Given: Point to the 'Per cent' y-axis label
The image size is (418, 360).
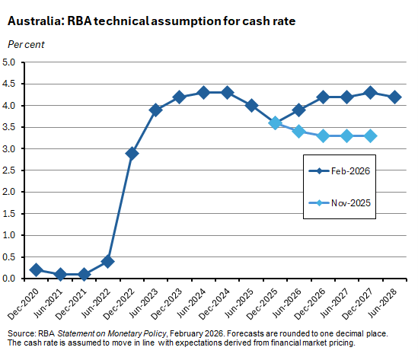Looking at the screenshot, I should (26, 44).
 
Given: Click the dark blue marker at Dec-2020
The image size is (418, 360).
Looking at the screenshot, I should (37, 269).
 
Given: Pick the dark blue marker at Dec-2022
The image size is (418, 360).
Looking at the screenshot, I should (132, 153).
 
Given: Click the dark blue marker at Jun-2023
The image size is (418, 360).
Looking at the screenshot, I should (156, 110).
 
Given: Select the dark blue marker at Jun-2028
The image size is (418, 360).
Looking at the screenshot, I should (394, 97).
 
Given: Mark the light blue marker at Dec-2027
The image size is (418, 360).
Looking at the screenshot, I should (371, 135).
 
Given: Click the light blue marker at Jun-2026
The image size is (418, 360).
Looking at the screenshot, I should (299, 132).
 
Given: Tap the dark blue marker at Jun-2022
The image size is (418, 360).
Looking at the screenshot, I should (108, 261).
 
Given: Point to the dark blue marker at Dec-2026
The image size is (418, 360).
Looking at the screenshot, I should (323, 97).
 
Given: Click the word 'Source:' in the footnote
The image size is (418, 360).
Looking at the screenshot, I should (21, 334).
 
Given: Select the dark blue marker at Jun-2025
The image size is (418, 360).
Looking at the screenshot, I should (251, 106).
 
